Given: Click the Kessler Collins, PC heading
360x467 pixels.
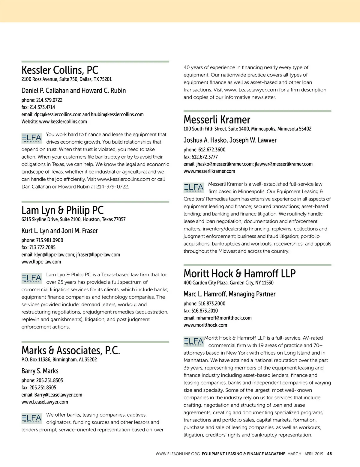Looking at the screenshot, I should tap(60, 70).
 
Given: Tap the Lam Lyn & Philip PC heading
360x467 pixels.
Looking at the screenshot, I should tap(62, 210).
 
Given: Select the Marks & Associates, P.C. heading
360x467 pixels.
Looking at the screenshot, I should tap(70, 350).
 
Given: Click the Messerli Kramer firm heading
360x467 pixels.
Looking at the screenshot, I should tap(217, 120).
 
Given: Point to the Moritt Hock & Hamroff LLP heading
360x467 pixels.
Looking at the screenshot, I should tap(239, 274).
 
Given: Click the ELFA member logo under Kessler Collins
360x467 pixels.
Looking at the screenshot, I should tap(32, 138).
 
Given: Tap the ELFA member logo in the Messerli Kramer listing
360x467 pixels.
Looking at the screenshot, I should tap(194, 188).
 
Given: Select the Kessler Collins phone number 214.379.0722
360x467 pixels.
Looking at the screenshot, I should tap(49, 100).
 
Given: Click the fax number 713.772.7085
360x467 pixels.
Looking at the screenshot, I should tap(42, 247).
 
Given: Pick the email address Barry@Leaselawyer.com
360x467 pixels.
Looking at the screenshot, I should tap(58, 395).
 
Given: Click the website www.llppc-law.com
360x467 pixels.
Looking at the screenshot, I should tap(41, 262).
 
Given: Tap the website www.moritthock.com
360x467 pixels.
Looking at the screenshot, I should tap(205, 325).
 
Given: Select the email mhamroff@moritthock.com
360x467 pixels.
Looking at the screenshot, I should tap(224, 318).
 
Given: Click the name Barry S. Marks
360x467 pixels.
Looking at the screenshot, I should tap(40, 371).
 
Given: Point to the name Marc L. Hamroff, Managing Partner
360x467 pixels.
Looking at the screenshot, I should tap(229, 294).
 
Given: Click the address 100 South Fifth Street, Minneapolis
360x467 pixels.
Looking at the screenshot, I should tap(247, 129).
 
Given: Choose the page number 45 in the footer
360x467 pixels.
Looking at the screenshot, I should tap(329, 454).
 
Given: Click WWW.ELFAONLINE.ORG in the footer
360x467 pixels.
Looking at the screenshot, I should tap(178, 454).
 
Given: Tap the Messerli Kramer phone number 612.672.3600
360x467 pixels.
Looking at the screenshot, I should tap(211, 150).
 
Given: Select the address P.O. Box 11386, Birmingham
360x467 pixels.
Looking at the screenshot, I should tap(59, 359).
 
